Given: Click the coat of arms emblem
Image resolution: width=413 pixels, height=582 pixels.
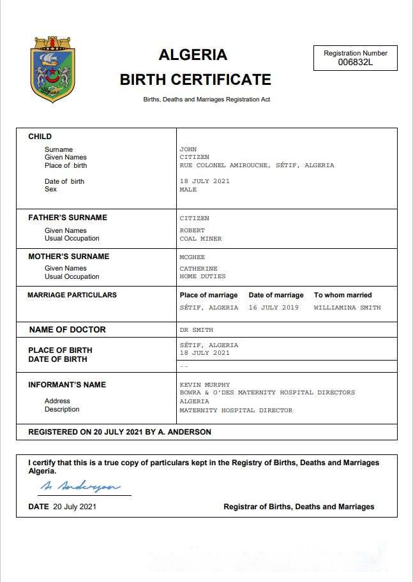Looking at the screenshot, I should point(54,70).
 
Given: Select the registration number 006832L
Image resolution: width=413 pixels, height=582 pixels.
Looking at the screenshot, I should point(356,62).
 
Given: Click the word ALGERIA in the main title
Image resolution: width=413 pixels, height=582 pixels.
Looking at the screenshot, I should point(193,55).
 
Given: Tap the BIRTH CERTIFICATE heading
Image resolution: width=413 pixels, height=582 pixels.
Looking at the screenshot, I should point(195,80).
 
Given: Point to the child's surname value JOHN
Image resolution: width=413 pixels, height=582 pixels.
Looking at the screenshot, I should point(188,149).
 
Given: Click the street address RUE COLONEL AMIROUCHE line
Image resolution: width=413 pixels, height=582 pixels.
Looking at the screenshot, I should point(257,165).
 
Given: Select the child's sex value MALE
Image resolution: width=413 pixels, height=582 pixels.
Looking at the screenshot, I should point(188,190).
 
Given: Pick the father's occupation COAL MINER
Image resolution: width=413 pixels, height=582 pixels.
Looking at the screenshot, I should point(200,239).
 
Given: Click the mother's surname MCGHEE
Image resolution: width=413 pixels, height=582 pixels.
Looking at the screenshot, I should point(192,257).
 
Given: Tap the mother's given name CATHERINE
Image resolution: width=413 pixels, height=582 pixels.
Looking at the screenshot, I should point(199,269).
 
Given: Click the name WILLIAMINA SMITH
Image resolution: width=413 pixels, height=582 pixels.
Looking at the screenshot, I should point(347,308).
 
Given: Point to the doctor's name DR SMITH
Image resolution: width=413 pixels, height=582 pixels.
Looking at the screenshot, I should point(196,330).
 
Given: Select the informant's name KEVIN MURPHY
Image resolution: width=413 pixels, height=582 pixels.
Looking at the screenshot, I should point(204,385).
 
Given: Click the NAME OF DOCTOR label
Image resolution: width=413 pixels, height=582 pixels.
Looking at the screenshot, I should point(68,330).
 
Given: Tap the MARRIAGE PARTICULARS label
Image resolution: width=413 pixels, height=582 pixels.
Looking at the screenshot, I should point(72,295).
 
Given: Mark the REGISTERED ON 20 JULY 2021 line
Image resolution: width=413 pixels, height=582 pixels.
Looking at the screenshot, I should point(119,432).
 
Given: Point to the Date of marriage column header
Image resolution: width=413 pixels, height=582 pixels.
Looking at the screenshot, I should point(276,295).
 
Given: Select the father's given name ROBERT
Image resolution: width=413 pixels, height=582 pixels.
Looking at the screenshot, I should point(192,230).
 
